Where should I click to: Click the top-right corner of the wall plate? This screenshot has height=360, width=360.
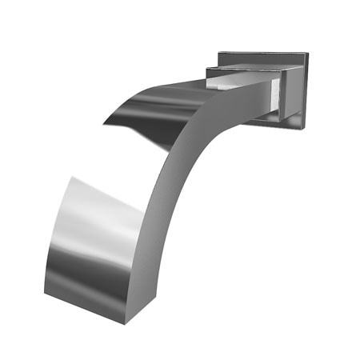pyautogui.click(x=306, y=54)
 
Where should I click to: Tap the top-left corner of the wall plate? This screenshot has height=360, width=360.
pyautogui.click(x=218, y=53)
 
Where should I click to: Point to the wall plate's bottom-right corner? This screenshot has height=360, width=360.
pyautogui.click(x=303, y=126)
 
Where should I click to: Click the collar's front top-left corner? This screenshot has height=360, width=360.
pyautogui.click(x=206, y=69)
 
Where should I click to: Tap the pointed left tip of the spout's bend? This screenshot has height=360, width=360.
pyautogui.click(x=104, y=122)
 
